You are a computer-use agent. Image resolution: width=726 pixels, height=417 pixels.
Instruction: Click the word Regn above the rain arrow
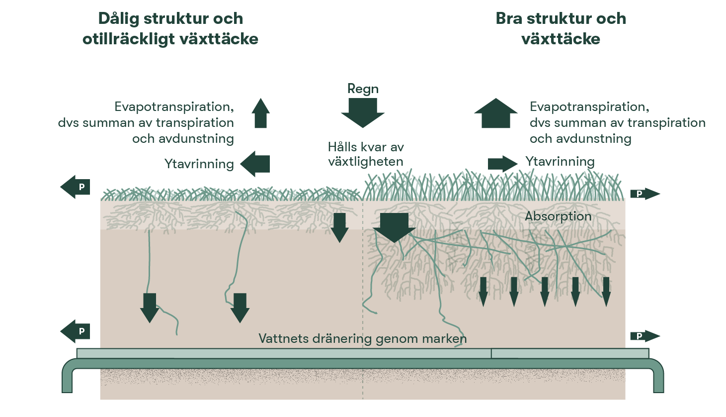(363, 89)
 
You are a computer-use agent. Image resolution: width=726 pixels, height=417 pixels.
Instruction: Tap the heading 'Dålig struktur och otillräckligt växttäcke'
(170, 29)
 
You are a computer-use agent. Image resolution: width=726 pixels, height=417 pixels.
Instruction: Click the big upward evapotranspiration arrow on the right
(495, 113)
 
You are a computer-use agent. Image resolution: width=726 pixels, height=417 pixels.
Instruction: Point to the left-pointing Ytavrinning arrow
(255, 164)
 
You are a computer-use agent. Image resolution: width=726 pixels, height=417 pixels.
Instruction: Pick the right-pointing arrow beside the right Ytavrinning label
(502, 163)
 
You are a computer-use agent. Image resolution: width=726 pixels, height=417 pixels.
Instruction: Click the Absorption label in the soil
(558, 216)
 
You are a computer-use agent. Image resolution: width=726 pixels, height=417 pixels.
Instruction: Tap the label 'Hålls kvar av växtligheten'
(366, 154)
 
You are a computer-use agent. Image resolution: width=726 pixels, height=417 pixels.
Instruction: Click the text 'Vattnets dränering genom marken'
(362, 339)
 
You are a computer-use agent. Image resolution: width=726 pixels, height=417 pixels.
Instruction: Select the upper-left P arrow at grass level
(76, 187)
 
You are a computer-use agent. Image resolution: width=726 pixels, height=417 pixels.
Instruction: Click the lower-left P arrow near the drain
(76, 331)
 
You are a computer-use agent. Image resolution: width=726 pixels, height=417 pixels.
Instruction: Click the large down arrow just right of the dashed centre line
(394, 227)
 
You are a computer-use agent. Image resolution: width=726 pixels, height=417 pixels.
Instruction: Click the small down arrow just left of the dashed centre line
(339, 227)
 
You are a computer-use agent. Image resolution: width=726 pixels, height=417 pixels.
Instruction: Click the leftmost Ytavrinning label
(199, 164)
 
